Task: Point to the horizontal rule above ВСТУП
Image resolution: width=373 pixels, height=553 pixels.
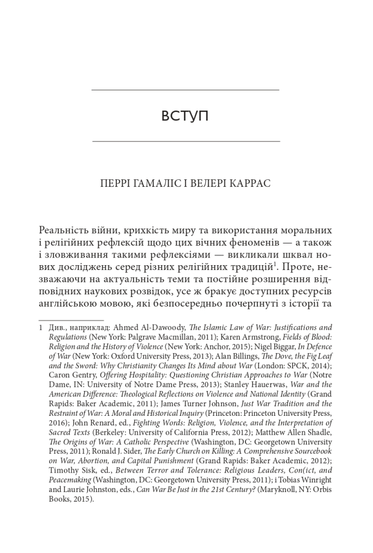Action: click(x=185, y=89)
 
